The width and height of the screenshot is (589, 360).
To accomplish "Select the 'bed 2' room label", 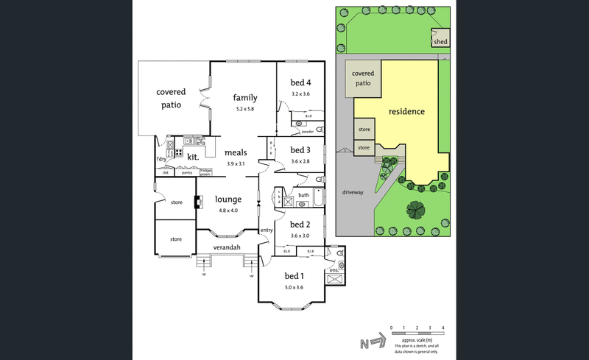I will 299,225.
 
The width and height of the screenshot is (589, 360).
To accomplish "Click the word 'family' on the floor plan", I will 245,97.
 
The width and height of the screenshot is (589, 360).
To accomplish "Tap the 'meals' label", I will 236,152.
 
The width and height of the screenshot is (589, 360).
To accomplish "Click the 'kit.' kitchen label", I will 194,157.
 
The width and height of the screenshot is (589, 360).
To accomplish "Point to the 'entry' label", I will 267,230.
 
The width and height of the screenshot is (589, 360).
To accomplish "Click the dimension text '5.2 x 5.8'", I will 244,109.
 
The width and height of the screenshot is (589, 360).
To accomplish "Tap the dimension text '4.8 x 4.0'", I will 229,211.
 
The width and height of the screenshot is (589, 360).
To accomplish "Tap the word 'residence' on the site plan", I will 407,112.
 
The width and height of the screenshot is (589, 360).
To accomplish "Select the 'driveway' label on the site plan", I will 353,192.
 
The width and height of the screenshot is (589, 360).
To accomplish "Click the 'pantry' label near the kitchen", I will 187,173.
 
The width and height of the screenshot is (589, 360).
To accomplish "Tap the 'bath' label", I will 303,195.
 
